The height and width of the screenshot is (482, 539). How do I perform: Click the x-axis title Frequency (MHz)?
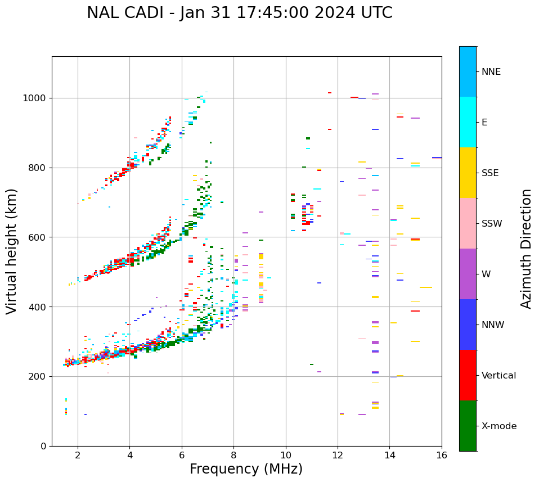tap(246, 469)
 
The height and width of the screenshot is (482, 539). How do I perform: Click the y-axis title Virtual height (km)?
tap(12, 251)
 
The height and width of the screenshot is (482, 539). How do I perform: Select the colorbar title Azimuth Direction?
tap(526, 249)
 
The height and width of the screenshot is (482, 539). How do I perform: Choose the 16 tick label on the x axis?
tap(441, 455)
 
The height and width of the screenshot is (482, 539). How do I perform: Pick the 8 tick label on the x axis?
tap(233, 455)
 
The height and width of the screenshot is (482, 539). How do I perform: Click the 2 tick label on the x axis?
tap(78, 455)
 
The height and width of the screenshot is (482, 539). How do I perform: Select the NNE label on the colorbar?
tap(491, 72)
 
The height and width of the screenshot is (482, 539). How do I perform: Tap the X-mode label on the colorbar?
tap(499, 426)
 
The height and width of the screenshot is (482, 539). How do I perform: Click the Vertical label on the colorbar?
tap(498, 376)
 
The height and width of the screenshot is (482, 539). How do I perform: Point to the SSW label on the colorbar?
tap(492, 224)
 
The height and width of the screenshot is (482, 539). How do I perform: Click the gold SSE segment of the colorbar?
tap(468, 173)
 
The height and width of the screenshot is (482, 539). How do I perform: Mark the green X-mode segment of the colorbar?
tap(468, 426)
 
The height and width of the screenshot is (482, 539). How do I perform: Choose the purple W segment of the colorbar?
tap(468, 274)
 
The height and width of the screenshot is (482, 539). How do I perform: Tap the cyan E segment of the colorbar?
tap(468, 122)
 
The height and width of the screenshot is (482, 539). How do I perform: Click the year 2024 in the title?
tap(333, 13)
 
